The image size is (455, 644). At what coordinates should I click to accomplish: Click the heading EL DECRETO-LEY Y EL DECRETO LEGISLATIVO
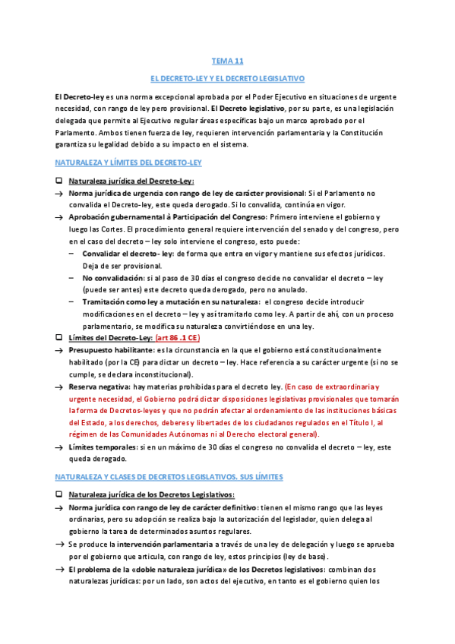point(227,78)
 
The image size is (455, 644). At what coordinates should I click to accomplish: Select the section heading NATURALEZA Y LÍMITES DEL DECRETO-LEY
point(128,163)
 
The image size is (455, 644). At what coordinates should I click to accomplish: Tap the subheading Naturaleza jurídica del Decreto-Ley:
point(131,181)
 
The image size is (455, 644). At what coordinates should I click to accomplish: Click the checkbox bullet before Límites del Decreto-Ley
point(58,336)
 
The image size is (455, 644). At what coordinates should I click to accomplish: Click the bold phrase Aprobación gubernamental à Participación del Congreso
point(160,217)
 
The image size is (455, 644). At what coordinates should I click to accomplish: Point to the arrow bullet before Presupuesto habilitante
point(58,351)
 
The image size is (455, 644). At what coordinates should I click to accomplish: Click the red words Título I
point(354,422)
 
